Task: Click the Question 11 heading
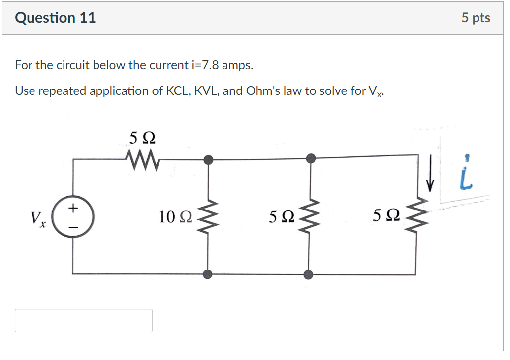click(55, 18)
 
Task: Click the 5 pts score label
click(476, 18)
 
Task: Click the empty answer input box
click(83, 320)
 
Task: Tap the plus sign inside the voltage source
click(73, 208)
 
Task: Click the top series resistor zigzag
click(141, 159)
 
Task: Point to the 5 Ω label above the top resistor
click(142, 138)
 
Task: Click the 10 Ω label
click(175, 216)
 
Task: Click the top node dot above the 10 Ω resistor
click(209, 159)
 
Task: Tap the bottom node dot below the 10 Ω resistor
click(208, 274)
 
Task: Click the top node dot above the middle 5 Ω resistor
click(311, 158)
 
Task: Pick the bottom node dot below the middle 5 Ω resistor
click(308, 274)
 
